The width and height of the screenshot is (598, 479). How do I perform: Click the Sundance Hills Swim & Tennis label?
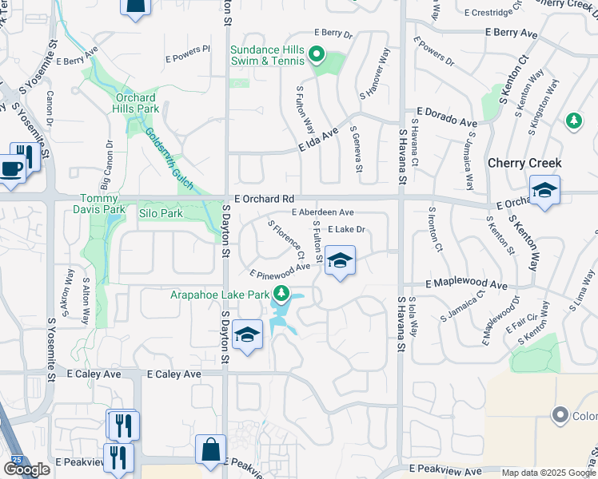267,55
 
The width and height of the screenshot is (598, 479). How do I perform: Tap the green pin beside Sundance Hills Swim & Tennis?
316,55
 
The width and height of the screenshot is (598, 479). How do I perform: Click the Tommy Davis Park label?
102,204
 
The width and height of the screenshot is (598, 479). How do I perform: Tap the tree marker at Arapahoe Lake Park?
281,293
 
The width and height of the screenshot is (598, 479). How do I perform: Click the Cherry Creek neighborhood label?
524,163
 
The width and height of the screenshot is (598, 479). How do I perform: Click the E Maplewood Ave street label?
466,284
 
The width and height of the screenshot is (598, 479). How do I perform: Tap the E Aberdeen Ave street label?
322,212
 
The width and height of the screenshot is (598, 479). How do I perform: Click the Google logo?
26,469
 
